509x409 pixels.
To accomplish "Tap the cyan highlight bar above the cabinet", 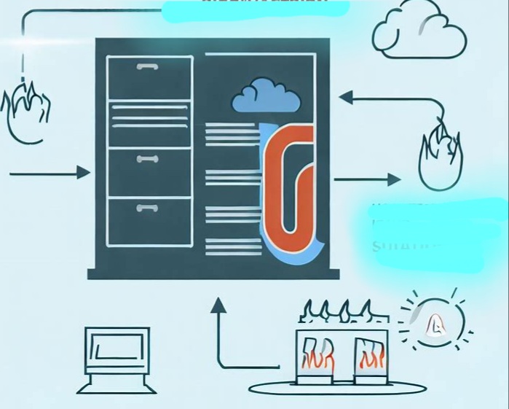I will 255,9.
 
